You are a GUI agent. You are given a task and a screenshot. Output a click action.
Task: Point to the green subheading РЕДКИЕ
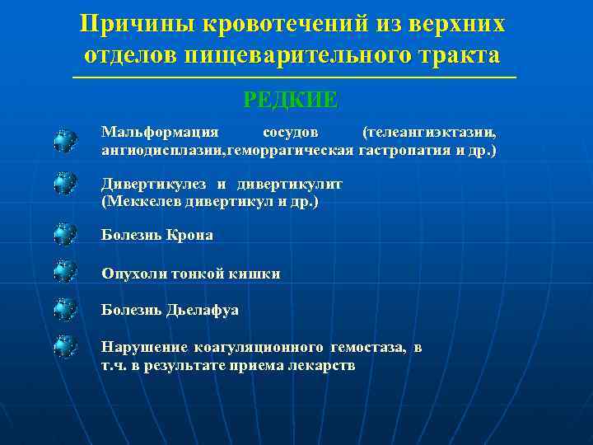tap(291, 100)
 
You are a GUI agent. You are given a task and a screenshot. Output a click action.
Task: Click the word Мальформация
tap(160, 132)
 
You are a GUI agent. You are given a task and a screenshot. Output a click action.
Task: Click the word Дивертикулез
tap(150, 184)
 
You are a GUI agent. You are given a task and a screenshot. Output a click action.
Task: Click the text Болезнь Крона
tap(156, 235)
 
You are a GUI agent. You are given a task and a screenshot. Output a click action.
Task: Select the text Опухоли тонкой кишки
tap(190, 273)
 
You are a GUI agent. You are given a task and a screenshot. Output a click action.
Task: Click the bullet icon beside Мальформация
tap(65, 140)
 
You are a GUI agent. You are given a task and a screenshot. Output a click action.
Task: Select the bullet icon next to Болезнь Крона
tap(65, 235)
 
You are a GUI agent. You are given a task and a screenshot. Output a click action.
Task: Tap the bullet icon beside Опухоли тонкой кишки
tap(65, 271)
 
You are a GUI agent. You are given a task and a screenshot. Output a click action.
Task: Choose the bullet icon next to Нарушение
tap(65, 346)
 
